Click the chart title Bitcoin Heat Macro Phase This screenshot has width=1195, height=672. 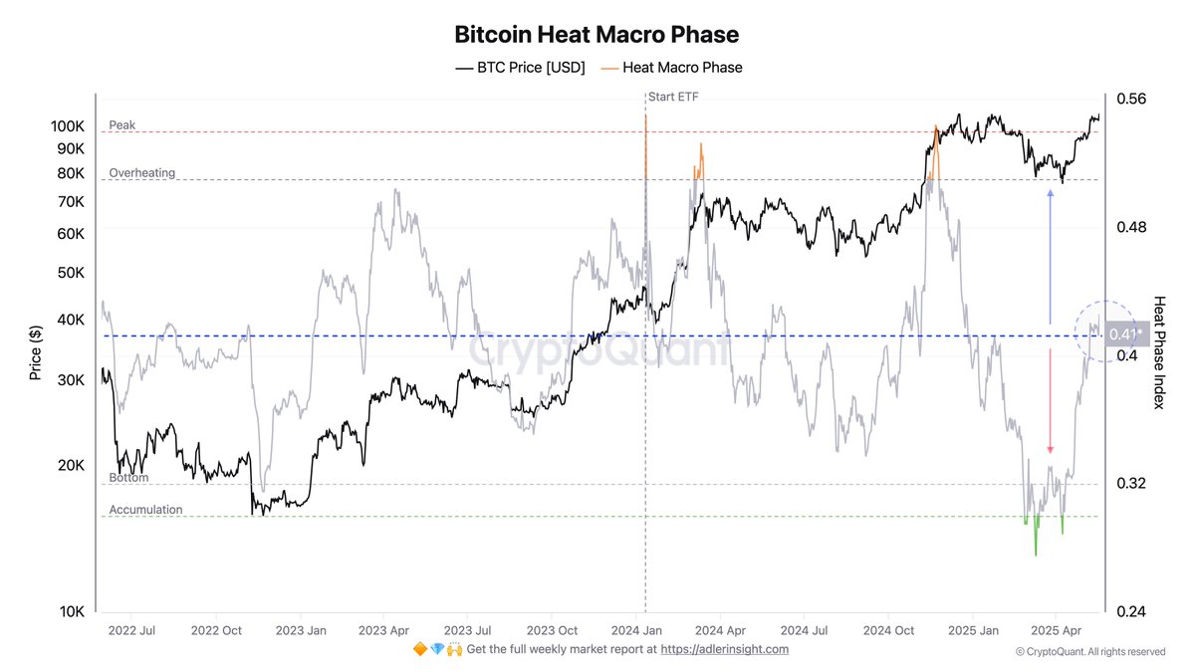[x=597, y=35]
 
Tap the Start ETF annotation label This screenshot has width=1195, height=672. [x=673, y=97]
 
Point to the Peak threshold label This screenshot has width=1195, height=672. [x=122, y=125]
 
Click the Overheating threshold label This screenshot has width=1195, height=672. [x=141, y=173]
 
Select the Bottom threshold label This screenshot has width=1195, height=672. [x=128, y=478]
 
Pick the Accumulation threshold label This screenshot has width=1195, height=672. [x=145, y=510]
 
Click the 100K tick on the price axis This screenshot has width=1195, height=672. [x=69, y=126]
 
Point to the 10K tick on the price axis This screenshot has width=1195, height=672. [x=72, y=612]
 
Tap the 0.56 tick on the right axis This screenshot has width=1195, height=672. [x=1132, y=99]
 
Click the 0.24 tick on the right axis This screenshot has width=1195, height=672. [x=1132, y=612]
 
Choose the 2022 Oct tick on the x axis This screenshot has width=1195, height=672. [x=218, y=630]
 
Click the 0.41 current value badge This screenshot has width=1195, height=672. [x=1123, y=335]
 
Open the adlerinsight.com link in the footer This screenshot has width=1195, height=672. [x=725, y=649]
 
